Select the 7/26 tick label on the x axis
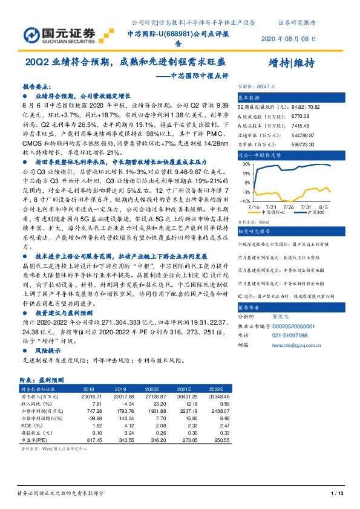tap(289, 207)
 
